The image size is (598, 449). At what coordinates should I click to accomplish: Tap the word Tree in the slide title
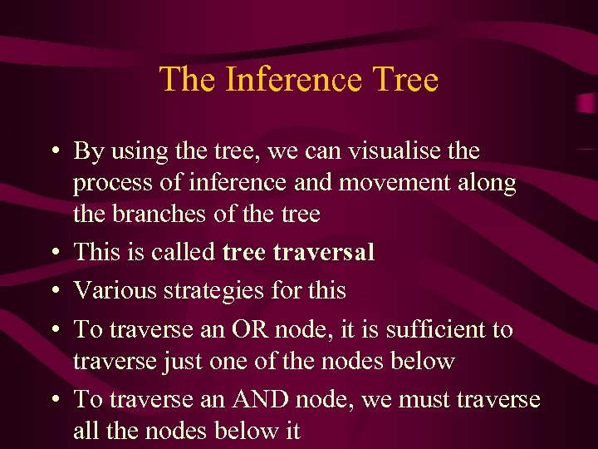coord(405,80)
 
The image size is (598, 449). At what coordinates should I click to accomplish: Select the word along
coord(489,183)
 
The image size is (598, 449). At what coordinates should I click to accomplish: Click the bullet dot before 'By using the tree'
coord(53,152)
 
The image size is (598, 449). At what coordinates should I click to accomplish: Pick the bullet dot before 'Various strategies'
coord(53,291)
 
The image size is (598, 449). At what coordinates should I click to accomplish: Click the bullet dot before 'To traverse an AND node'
coord(53,401)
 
